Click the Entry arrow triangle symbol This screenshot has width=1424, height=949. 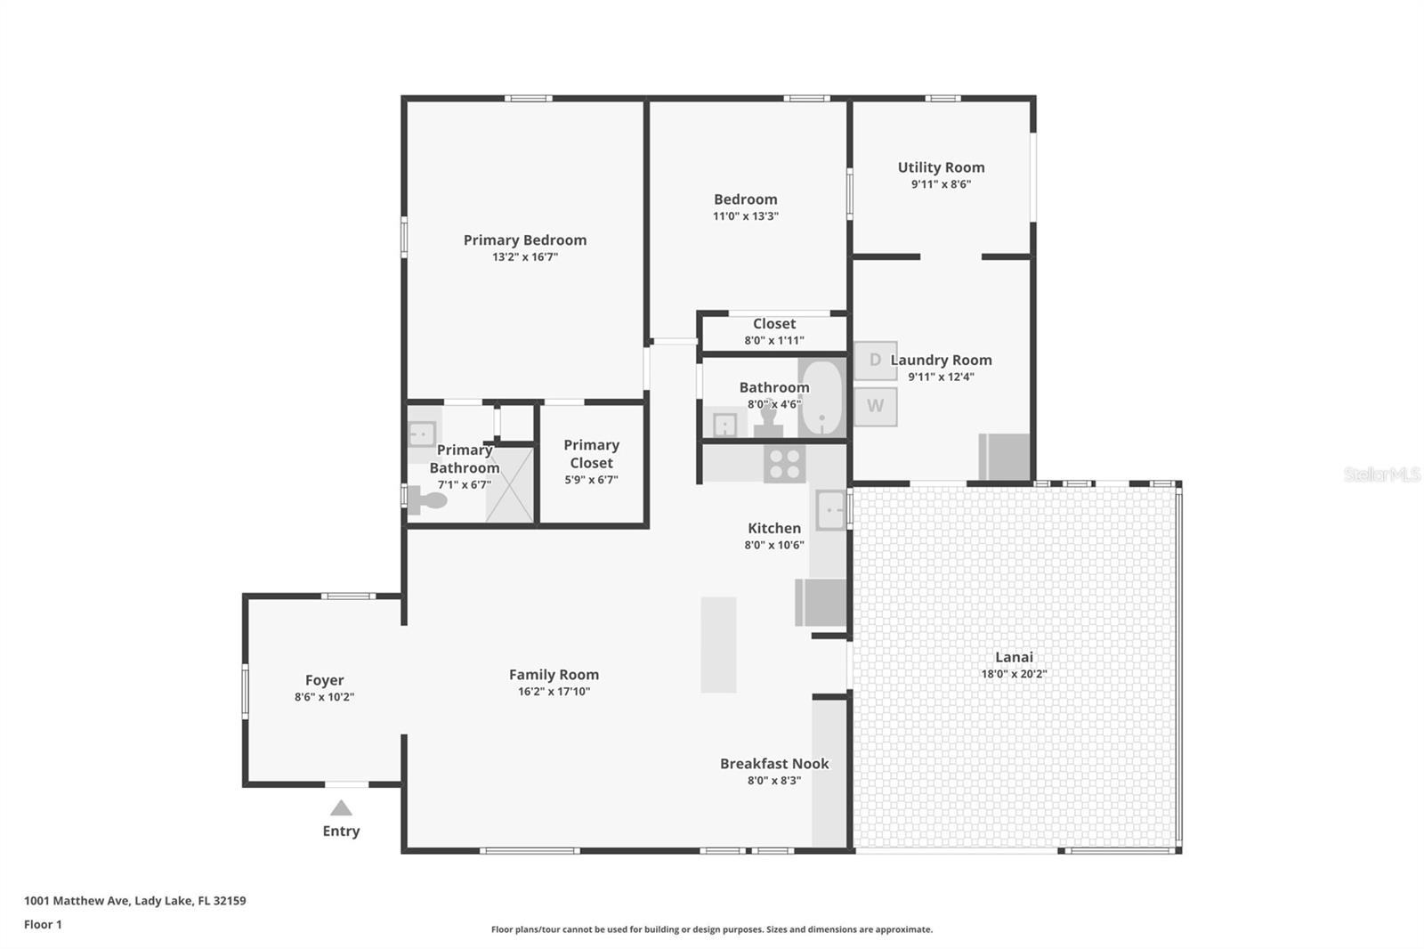[x=341, y=808]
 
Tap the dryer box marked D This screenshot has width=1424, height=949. [x=875, y=361]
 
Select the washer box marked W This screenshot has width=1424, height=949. [x=875, y=406]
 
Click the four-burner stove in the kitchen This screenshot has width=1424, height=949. [x=784, y=463]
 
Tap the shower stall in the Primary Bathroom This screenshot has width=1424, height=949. [x=509, y=484]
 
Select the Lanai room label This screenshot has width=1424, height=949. [x=1014, y=657]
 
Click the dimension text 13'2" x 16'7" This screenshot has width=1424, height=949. [x=525, y=257]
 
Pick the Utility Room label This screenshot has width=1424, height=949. [x=941, y=167]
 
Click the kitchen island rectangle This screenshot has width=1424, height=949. [x=718, y=645]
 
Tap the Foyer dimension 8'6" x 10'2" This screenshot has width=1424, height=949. [x=324, y=697]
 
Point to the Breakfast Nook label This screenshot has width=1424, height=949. [x=774, y=764]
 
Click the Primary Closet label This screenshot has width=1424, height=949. [x=591, y=453]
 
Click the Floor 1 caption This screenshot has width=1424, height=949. [x=43, y=924]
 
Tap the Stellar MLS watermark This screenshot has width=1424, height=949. [x=1381, y=474]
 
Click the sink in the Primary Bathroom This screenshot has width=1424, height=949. [x=421, y=434]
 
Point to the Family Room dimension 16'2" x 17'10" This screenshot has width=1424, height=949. [x=554, y=692]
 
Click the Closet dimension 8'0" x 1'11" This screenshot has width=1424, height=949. [x=774, y=340]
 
